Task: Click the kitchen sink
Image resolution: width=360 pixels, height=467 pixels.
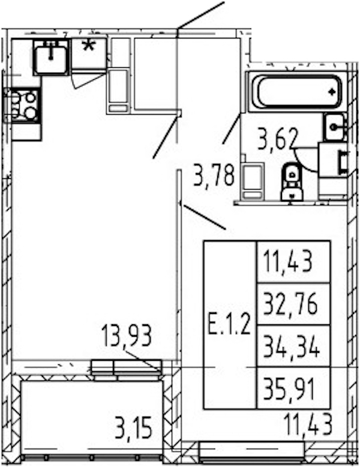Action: (x=51, y=57)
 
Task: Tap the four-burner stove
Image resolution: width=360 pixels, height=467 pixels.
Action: (x=22, y=105)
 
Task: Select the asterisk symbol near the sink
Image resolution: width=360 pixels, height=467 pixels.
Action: (x=89, y=46)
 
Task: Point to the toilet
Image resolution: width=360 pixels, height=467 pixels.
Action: (x=292, y=182)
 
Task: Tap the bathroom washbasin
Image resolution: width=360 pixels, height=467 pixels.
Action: (x=335, y=127)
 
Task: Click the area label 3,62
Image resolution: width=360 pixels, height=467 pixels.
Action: (x=278, y=139)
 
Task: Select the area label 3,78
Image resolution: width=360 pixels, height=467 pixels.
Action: (x=214, y=175)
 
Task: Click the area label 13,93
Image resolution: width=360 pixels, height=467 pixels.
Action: (x=127, y=336)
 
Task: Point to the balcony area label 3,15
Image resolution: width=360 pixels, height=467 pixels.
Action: (x=133, y=428)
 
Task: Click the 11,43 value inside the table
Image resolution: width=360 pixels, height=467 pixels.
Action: (x=288, y=262)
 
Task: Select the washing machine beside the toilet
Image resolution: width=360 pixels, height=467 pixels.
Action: (x=253, y=181)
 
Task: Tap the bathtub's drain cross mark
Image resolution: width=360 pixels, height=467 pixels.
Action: (x=332, y=92)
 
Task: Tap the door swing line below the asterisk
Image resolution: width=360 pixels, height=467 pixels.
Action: (x=88, y=81)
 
